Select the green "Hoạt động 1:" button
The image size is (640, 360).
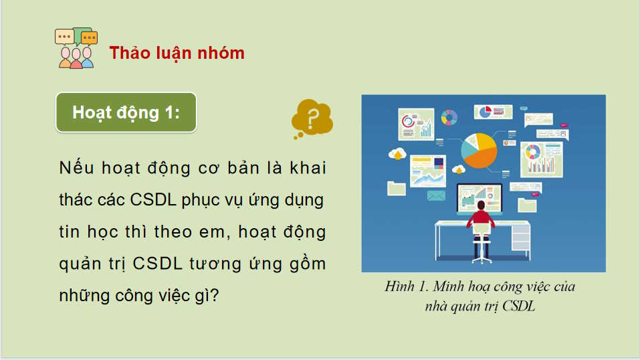click(126, 112)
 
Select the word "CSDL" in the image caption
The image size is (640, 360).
click(522, 307)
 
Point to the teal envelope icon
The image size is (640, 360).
click(436, 195)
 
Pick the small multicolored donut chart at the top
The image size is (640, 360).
click(449, 118)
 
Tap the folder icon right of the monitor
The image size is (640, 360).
click(528, 204)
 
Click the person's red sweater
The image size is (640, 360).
click(482, 219)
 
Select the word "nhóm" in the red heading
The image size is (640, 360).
click(221, 53)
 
